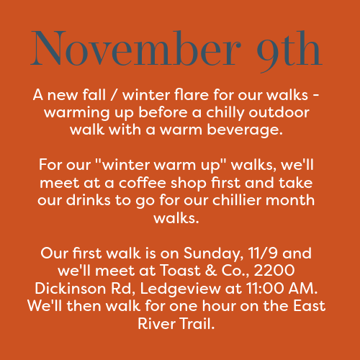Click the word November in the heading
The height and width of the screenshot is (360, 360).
click(x=136, y=48)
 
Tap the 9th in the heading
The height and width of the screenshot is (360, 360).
click(x=289, y=51)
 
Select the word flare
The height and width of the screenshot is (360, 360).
click(x=192, y=94)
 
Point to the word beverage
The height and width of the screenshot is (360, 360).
click(x=245, y=130)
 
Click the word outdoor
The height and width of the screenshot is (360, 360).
click(x=279, y=112)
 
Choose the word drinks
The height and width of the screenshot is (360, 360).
click(x=88, y=200)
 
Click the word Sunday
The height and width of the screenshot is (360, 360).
click(x=213, y=253)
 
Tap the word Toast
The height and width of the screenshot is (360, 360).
click(x=180, y=270)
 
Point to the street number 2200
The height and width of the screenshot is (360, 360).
click(x=274, y=271)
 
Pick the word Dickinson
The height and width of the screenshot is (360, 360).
click(x=71, y=288)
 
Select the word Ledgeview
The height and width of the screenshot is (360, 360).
click(x=180, y=289)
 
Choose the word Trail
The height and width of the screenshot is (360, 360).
click(x=196, y=323)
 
